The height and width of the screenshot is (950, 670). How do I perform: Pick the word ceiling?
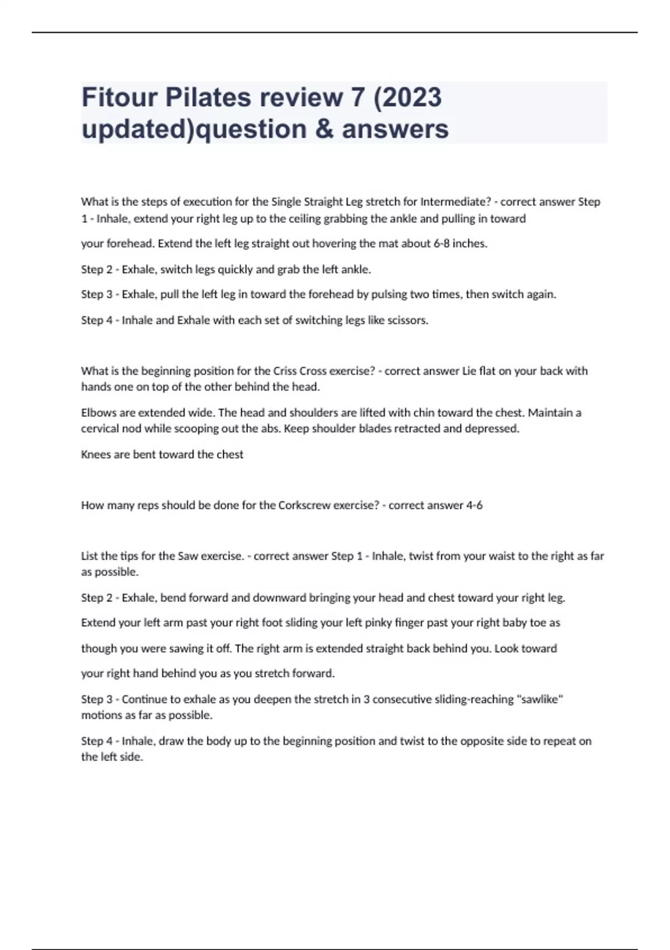307,218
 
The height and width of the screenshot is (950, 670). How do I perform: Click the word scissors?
406,320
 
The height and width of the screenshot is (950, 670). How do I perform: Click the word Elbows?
98,413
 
